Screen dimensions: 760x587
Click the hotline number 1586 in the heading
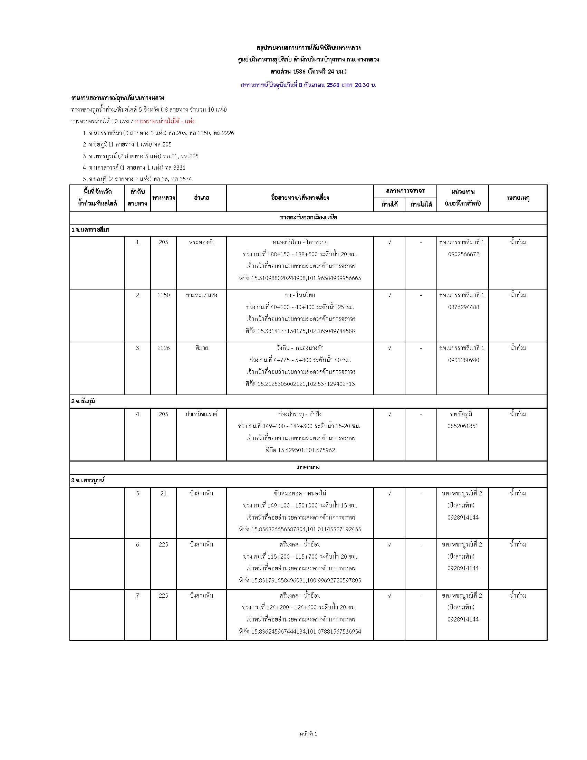click(299, 72)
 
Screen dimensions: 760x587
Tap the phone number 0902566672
click(463, 254)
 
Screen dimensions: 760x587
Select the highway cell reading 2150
click(163, 295)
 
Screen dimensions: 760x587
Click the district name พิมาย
click(202, 348)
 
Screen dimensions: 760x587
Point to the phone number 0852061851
click(463, 426)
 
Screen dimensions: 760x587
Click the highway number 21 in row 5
click(163, 493)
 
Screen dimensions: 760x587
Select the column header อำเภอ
click(202, 198)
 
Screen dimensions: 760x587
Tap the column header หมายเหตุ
click(518, 198)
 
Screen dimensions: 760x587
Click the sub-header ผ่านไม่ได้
click(421, 205)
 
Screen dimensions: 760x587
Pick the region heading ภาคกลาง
click(308, 467)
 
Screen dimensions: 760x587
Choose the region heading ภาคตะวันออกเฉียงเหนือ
click(308, 218)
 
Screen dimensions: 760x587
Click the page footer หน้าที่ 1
click(308, 733)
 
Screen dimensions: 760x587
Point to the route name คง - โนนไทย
click(300, 295)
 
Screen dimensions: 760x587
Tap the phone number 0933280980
click(463, 360)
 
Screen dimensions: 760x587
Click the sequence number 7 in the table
click(137, 596)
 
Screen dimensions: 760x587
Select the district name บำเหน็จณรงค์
click(202, 414)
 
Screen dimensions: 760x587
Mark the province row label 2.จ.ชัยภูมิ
click(83, 401)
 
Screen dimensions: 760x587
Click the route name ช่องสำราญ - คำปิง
click(300, 414)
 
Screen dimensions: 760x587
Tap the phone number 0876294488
click(463, 307)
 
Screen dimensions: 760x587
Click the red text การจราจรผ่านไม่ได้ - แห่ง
click(164, 122)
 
